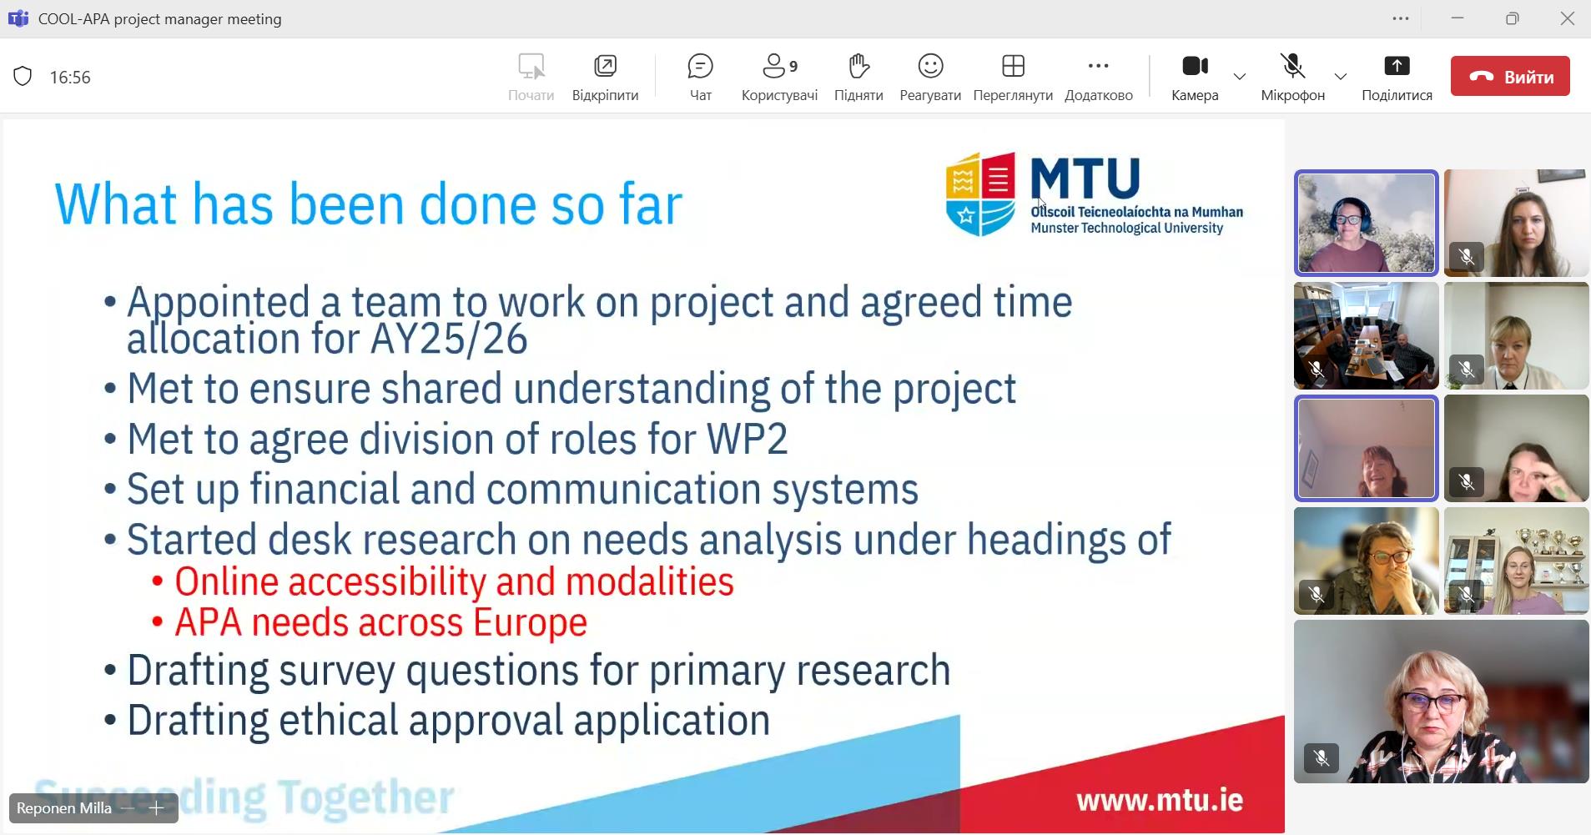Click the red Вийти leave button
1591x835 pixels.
1510,76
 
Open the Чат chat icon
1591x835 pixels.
701,66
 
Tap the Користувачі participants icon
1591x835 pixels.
775,66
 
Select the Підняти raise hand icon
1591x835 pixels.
858,66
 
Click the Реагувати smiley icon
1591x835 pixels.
930,66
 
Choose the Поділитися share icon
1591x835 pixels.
1397,66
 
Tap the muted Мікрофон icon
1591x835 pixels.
1292,66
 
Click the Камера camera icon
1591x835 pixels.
1195,66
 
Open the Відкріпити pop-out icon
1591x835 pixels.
605,66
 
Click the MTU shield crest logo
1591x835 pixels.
980,194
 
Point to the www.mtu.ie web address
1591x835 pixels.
1160,801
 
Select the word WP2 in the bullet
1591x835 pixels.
747,440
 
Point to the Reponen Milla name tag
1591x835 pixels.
64,807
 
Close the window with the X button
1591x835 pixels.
1567,18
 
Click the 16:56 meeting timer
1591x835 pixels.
70,77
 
